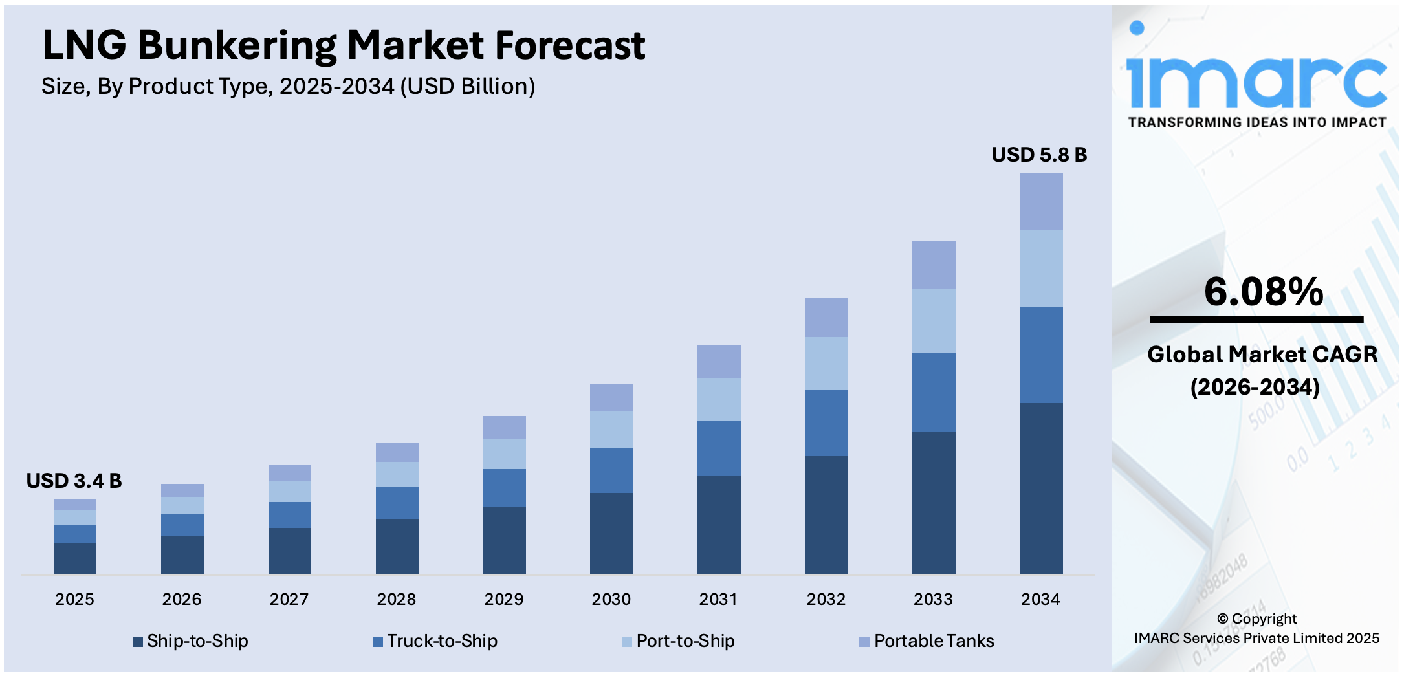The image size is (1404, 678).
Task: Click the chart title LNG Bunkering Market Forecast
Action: pos(343,45)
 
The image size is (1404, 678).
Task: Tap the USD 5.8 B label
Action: pos(1039,155)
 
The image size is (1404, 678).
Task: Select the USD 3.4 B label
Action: pos(74,481)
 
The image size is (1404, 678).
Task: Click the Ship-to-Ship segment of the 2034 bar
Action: pos(1040,488)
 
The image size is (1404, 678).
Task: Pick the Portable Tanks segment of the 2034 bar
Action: pos(1040,202)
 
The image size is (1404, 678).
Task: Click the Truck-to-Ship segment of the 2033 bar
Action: pos(933,392)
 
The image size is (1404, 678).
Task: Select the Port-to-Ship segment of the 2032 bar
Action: pos(826,363)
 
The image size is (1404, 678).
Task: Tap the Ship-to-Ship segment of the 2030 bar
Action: pos(611,533)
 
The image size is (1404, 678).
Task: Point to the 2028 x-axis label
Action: pos(396,599)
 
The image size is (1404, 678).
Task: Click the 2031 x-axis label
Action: pos(718,599)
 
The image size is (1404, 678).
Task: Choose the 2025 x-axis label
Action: pos(74,599)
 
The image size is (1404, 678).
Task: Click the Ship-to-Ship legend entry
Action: pos(191,641)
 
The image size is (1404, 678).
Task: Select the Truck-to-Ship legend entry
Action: pos(435,641)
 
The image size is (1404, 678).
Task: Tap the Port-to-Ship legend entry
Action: pos(678,641)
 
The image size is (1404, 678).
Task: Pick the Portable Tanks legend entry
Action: pos(927,641)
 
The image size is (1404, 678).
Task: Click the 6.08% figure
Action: pos(1263,292)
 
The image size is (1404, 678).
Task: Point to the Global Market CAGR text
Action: pos(1262,355)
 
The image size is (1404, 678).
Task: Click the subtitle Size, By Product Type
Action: pos(288,86)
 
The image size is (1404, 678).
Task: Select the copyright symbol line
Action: pos(1256,619)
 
